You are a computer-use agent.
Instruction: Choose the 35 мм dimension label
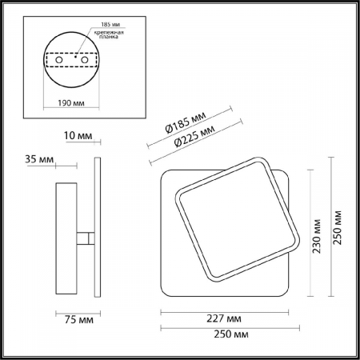(x=39, y=160)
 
